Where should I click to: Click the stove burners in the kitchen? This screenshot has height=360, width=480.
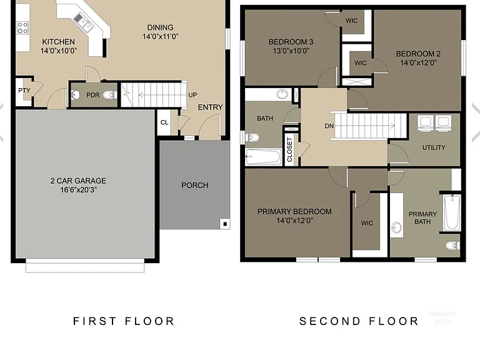(22, 27)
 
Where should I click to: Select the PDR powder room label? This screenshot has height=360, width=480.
(92, 95)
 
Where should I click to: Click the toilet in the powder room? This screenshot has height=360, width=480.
(109, 95)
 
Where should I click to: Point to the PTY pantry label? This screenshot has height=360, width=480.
(24, 91)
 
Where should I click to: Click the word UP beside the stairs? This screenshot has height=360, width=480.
(192, 95)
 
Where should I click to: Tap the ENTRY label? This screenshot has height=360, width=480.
(210, 107)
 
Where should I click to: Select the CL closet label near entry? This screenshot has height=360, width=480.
(164, 122)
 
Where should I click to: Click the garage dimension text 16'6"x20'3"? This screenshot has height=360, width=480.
(79, 190)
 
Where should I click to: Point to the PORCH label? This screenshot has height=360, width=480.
(195, 185)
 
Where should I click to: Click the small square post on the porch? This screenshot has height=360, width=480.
(225, 224)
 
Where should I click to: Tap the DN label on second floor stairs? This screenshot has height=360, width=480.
(329, 126)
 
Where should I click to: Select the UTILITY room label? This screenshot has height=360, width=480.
(434, 147)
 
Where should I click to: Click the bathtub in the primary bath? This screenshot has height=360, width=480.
(452, 212)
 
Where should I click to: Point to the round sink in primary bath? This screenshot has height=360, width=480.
(396, 227)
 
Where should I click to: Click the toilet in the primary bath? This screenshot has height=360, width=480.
(452, 245)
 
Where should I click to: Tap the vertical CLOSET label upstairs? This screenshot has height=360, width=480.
(289, 150)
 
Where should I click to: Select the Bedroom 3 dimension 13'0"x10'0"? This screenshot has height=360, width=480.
(291, 51)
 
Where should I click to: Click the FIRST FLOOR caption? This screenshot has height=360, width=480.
(124, 321)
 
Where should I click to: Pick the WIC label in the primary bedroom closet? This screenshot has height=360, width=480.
(367, 223)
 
